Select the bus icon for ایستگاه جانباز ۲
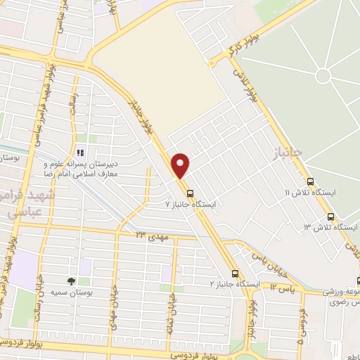point(235,274)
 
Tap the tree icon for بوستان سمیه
point(71,281)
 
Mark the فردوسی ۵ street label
point(300,331)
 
